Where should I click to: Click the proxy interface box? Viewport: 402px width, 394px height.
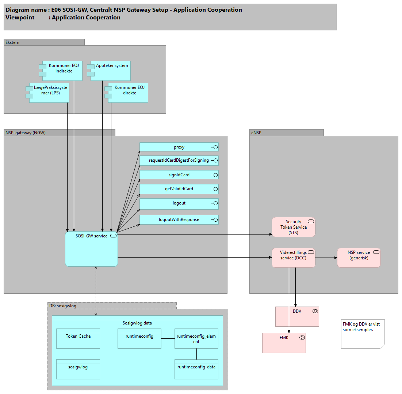[179, 147]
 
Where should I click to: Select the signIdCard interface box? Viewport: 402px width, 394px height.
[179, 175]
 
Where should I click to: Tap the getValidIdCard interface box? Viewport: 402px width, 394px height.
[179, 189]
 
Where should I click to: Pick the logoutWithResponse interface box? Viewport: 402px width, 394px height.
[179, 219]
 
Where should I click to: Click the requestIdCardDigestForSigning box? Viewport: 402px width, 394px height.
[179, 160]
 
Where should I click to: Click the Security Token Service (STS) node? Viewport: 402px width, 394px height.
[293, 227]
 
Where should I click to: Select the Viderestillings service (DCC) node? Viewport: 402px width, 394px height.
[293, 258]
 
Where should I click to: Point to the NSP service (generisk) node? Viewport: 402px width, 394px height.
[359, 258]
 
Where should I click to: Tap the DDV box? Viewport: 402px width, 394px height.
[297, 316]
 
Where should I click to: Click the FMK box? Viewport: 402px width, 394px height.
[284, 343]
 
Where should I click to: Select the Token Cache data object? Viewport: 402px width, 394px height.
[78, 338]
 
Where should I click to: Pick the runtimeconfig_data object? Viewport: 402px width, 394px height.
[196, 369]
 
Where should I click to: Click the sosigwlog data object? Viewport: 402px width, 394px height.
[78, 369]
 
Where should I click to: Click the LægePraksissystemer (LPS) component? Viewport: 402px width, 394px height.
[49, 93]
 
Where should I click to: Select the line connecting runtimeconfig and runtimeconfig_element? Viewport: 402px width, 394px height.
[168, 339]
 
